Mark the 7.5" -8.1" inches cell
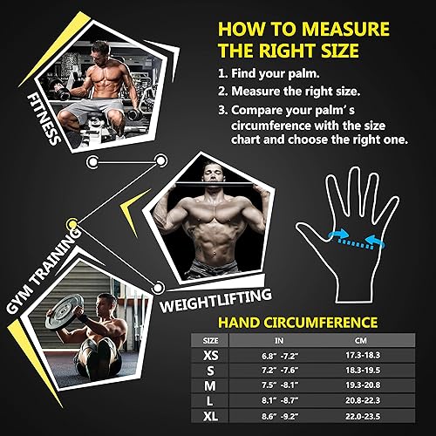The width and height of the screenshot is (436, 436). [x=280, y=388]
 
